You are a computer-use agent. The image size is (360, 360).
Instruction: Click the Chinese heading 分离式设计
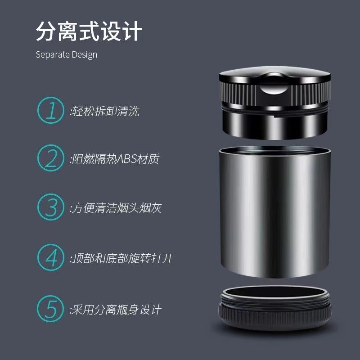pos(89,32)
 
